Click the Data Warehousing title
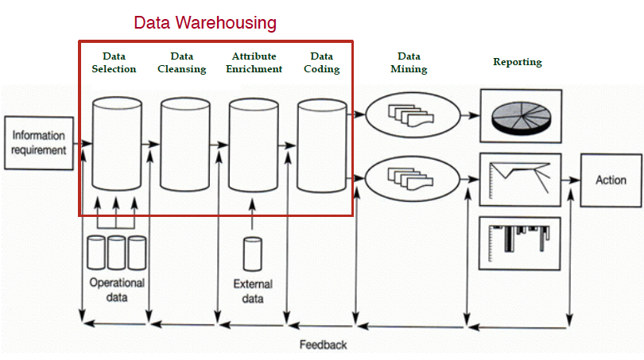(x=205, y=23)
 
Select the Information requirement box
(x=39, y=143)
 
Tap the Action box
(x=611, y=180)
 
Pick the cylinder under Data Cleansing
(x=184, y=144)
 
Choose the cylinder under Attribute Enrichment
(x=253, y=144)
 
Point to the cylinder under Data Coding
(x=322, y=145)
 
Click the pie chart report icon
(x=521, y=115)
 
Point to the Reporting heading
(x=518, y=62)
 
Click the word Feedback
(x=323, y=345)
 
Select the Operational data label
(x=117, y=289)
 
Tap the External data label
(x=253, y=291)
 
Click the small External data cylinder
(x=253, y=254)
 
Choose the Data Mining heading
(x=409, y=63)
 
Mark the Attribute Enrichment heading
(x=254, y=63)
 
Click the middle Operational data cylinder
(x=117, y=253)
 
